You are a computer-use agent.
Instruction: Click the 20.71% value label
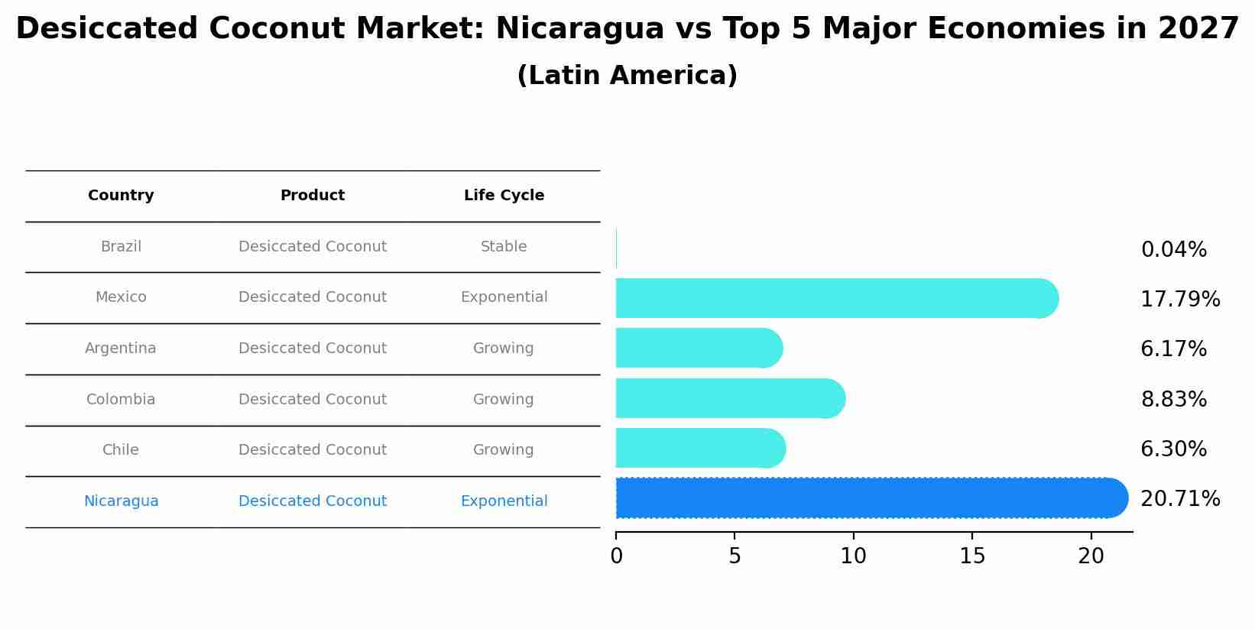[1179, 499]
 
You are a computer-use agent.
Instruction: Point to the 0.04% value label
[1173, 250]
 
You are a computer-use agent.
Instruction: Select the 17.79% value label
[1179, 300]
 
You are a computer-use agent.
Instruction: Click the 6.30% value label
[1173, 449]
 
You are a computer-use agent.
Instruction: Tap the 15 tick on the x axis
[972, 556]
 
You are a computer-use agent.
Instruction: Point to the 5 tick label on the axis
[735, 556]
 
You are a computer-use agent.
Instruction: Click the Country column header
[121, 196]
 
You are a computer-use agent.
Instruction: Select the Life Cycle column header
[504, 196]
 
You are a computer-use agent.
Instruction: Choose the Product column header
[312, 196]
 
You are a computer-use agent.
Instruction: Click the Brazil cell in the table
[121, 247]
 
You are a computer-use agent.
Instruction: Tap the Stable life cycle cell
[504, 247]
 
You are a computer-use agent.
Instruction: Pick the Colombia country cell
[121, 400]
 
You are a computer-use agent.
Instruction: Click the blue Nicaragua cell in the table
[121, 501]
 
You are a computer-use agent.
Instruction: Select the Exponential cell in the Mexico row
[504, 297]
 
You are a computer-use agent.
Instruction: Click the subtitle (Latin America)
[627, 76]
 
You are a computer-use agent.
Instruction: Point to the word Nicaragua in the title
[579, 29]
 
